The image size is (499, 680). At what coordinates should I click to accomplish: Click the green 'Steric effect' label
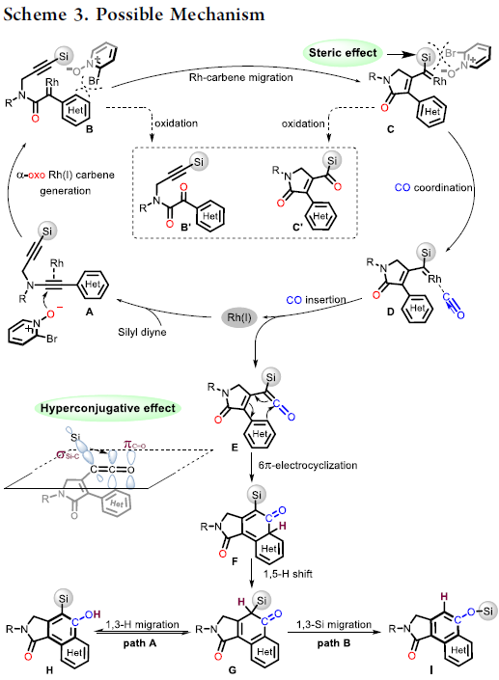pos(343,53)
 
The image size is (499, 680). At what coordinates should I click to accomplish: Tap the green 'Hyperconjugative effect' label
pos(107,408)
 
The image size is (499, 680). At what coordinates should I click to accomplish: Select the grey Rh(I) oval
pos(239,317)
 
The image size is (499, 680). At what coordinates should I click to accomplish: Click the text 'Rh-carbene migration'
pos(241,77)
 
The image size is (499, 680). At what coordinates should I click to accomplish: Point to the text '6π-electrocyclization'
pos(308,465)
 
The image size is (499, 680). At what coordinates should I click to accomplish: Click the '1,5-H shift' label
pos(288,574)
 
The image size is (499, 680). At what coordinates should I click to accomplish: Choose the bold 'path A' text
pos(139,643)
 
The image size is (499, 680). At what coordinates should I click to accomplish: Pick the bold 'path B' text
pos(334,643)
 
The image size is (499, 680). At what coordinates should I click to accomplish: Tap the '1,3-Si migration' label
pos(334,624)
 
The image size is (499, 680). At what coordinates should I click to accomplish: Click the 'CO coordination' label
pos(433,187)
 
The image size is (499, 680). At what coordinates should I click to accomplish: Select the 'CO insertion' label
pos(316,300)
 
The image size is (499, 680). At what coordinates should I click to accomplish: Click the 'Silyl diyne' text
pos(142,332)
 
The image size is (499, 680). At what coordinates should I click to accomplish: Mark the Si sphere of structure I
pos(488,612)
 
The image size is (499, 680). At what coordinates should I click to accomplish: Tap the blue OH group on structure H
pos(93,614)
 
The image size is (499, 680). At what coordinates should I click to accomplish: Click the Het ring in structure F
pos(270,547)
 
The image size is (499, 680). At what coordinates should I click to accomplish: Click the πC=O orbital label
pos(134,445)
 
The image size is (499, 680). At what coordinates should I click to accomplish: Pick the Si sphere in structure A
pos(47,231)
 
